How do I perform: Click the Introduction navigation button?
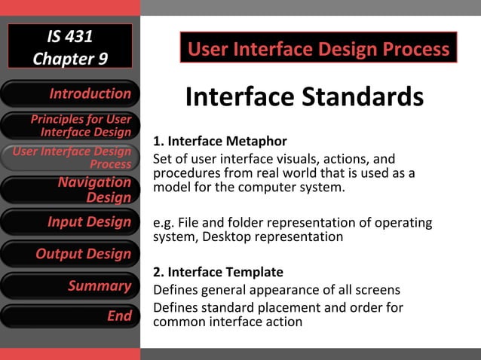click(70, 94)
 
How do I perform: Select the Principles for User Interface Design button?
click(70, 126)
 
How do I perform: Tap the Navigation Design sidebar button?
click(70, 189)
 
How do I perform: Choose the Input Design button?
click(70, 222)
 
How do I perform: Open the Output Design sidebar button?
click(70, 254)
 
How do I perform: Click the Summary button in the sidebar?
click(70, 285)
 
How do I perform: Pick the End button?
click(70, 316)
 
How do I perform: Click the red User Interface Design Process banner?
click(318, 50)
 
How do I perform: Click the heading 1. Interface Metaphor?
click(219, 141)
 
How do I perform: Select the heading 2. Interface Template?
click(218, 272)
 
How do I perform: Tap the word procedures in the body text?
click(183, 172)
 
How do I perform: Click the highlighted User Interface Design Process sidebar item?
click(70, 157)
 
